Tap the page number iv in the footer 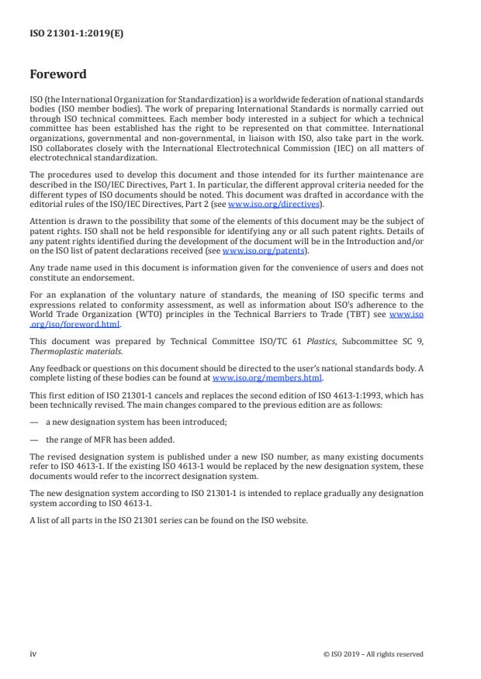pos(33,653)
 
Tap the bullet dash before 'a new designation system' pos(33,425)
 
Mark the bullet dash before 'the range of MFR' pos(33,440)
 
